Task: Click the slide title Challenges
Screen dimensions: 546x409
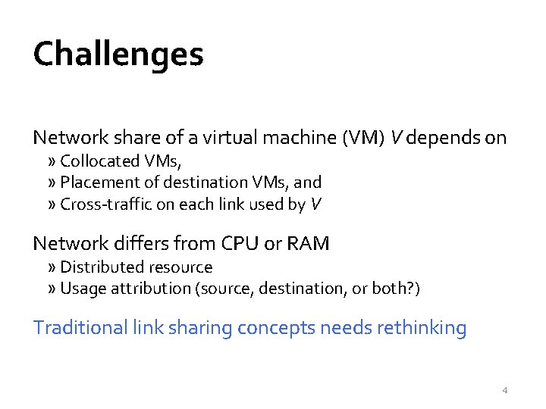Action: [118, 54]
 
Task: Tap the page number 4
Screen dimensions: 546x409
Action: [505, 391]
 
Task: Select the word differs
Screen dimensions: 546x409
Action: [127, 243]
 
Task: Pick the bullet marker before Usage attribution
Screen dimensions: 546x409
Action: [51, 289]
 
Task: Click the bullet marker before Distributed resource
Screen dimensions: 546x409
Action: [51, 267]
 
